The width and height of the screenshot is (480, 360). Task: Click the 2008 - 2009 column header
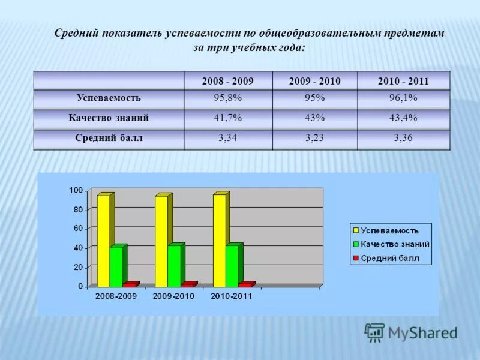tap(228, 80)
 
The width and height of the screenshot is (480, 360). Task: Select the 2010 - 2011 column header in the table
tap(403, 80)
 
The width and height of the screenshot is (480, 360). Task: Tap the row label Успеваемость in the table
tap(109, 98)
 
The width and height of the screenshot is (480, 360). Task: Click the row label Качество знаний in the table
tap(109, 118)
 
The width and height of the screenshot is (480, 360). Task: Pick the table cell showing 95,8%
tap(228, 98)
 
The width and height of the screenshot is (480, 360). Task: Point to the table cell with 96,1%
tap(403, 98)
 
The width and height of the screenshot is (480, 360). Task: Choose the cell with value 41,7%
tap(228, 118)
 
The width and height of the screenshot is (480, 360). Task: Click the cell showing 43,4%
tap(403, 118)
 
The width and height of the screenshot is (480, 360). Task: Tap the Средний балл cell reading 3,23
tap(315, 138)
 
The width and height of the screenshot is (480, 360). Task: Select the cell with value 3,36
tap(403, 138)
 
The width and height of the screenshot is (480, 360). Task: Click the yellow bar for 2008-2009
tap(103, 240)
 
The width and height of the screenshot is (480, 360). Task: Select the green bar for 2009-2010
tap(173, 266)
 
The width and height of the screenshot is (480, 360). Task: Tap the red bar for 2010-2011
tap(245, 284)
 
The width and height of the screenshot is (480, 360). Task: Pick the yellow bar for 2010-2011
tap(219, 240)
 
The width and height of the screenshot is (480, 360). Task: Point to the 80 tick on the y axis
tap(77, 209)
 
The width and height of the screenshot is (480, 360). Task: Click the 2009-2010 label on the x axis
tap(174, 296)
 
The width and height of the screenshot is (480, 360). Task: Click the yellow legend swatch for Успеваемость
tap(355, 230)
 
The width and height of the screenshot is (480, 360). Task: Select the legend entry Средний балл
tap(389, 259)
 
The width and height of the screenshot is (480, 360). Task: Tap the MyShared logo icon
tap(374, 332)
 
